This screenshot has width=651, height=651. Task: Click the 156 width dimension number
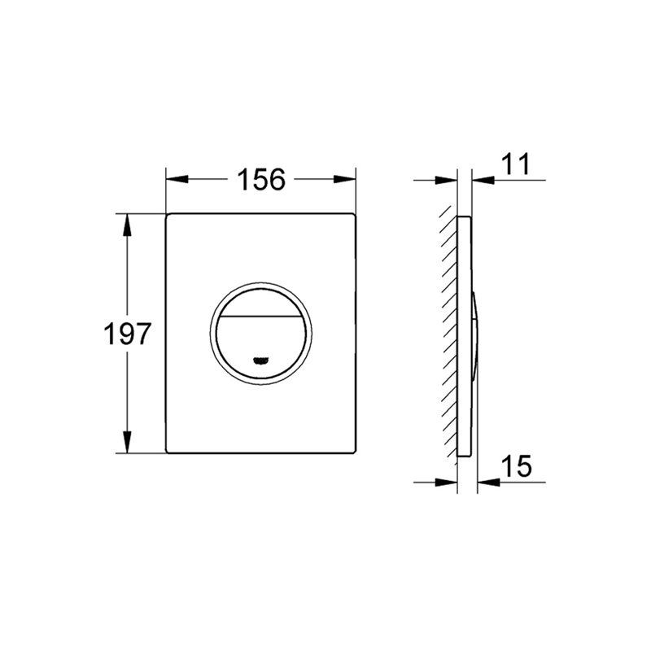[x=261, y=179]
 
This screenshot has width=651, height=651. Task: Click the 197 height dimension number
[x=127, y=334]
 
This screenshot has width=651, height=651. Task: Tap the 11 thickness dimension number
[x=516, y=164]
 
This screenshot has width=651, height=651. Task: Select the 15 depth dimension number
[x=517, y=465]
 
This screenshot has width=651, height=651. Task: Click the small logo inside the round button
[x=260, y=360]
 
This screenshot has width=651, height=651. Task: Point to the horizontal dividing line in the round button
[x=260, y=316]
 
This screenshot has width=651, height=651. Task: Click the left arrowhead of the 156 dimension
[x=177, y=179]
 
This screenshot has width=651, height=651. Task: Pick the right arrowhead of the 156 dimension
[x=345, y=179]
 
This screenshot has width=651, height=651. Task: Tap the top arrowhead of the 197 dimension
[x=127, y=225]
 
